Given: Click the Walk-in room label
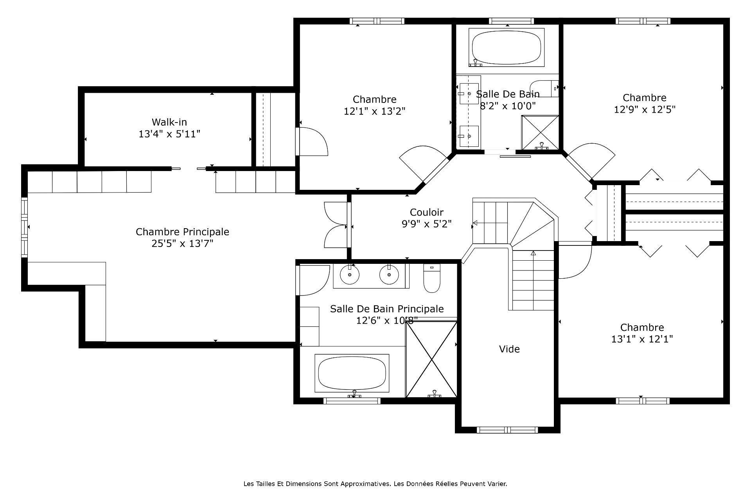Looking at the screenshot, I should (x=169, y=122).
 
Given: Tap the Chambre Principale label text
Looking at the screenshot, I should (x=182, y=232).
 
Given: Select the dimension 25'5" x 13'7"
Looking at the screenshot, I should (x=182, y=244).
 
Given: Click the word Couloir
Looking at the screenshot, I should (x=426, y=212).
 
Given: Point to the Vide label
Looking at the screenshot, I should (x=509, y=349).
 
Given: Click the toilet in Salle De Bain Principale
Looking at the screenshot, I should (x=432, y=278).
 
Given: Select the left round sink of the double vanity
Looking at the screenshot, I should (x=350, y=275).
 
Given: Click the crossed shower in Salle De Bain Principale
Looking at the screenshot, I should (x=431, y=359).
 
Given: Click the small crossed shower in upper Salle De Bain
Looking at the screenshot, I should (x=540, y=132).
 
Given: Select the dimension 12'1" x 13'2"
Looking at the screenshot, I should (x=374, y=112).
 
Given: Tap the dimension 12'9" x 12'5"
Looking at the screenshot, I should (x=644, y=110).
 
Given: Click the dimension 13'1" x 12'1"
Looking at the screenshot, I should (x=642, y=339).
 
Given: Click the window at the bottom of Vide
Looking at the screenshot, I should (x=507, y=430).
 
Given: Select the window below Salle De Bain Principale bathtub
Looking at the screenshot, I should (x=352, y=401).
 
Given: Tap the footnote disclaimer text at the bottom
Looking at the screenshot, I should (x=375, y=484).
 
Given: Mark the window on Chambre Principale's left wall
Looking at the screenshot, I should (x=25, y=227).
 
